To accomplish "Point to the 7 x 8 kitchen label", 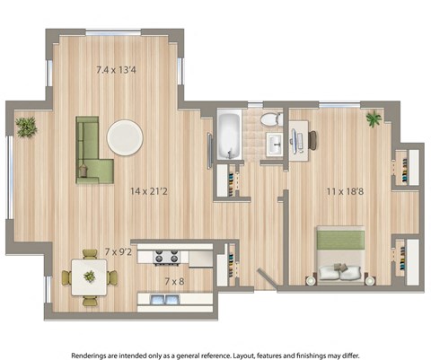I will click(x=175, y=281).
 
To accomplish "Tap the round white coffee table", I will click(x=124, y=137).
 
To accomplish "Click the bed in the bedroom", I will click(x=341, y=255).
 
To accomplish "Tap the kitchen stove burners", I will click(x=167, y=258).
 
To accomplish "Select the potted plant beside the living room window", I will click(x=27, y=127).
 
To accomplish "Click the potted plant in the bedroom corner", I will click(x=373, y=119).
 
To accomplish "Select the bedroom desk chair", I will click(x=315, y=138).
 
